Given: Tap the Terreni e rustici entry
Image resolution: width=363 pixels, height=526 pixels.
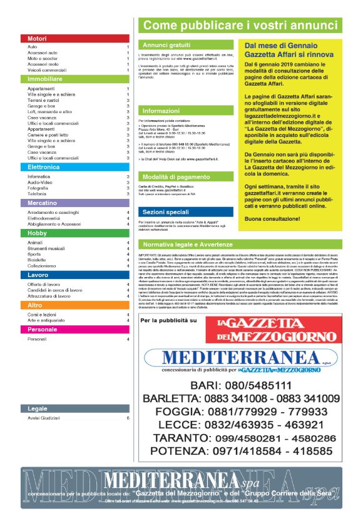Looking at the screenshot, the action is (x=44, y=100).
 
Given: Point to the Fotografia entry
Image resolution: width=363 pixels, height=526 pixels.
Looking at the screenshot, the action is (x=38, y=188).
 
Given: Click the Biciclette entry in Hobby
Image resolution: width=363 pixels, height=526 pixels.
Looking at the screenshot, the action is (x=38, y=260).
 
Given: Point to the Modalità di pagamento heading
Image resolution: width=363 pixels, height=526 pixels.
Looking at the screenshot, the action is (x=176, y=176).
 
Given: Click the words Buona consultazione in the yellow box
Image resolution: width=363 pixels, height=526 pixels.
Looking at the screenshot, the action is (x=272, y=220).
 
